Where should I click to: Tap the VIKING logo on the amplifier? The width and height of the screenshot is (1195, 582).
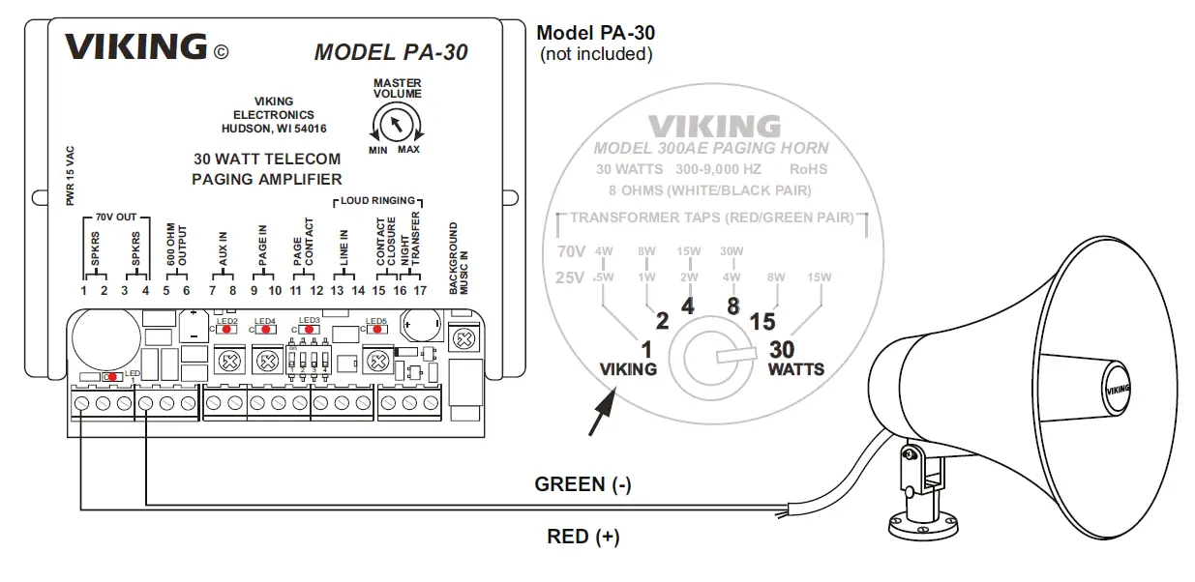(x=135, y=46)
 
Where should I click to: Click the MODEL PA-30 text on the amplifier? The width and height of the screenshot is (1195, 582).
(x=391, y=52)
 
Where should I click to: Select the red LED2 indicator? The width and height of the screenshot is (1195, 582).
(x=226, y=329)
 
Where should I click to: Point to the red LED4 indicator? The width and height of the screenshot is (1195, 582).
(x=265, y=329)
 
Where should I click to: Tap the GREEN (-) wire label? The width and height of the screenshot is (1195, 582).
(x=583, y=485)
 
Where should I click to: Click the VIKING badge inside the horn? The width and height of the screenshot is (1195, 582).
(x=1117, y=389)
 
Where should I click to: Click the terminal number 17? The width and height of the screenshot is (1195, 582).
(x=420, y=290)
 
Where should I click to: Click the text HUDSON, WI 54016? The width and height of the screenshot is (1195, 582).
(x=274, y=128)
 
